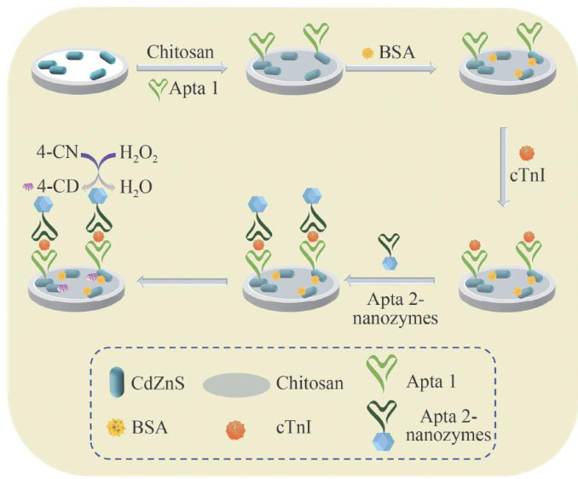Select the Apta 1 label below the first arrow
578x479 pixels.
tap(194, 86)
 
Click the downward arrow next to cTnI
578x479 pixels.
tap(503, 166)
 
